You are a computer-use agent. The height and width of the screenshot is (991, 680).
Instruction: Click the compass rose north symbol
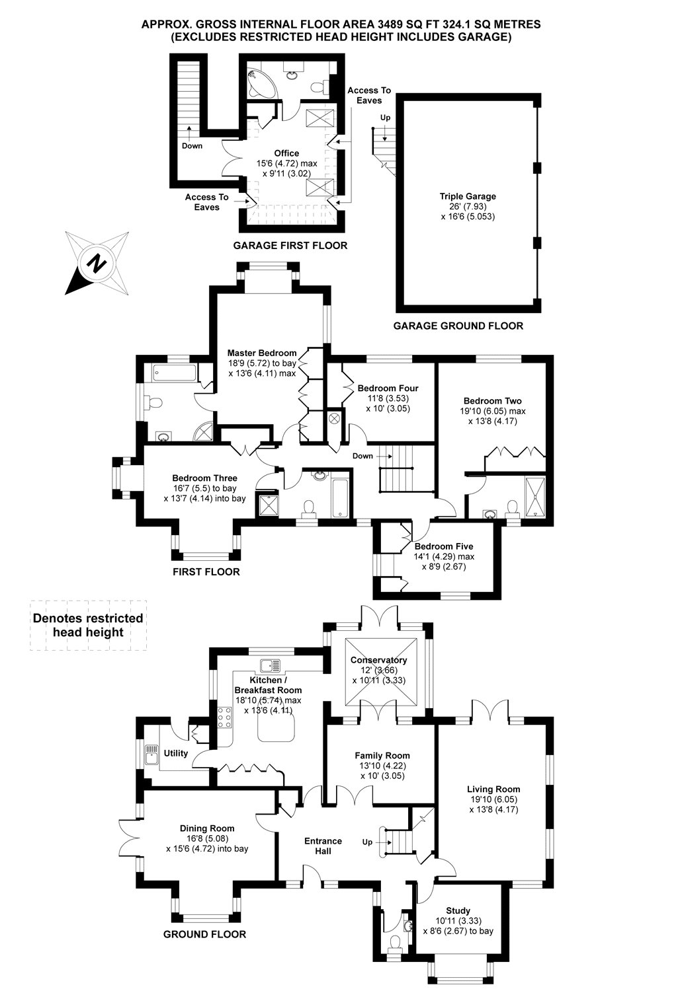click(x=97, y=264)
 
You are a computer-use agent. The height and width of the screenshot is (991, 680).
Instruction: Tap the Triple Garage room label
click(x=468, y=196)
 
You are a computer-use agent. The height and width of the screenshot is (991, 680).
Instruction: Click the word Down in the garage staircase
click(x=192, y=146)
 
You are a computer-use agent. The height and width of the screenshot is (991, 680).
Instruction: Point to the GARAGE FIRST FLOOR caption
click(x=290, y=246)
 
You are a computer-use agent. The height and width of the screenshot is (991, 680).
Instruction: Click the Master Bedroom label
click(x=262, y=353)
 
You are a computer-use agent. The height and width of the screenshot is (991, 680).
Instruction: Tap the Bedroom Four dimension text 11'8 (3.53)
click(x=388, y=398)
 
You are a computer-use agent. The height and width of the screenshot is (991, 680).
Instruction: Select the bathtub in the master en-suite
click(x=174, y=373)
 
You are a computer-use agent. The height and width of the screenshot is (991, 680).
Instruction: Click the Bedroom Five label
click(x=444, y=546)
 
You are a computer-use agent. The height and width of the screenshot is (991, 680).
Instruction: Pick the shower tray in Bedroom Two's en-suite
click(x=535, y=497)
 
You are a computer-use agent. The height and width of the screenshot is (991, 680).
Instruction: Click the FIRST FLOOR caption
click(x=206, y=572)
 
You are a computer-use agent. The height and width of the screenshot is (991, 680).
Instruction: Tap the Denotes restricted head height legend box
click(x=88, y=626)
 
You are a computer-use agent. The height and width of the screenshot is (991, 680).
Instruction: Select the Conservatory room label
click(x=379, y=660)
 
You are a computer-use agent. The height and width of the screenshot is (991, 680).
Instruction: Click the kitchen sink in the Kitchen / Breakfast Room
click(x=271, y=665)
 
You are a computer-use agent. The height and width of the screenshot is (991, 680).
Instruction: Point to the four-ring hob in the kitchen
click(x=224, y=717)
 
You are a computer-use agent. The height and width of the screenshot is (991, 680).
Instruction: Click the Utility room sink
click(x=151, y=754)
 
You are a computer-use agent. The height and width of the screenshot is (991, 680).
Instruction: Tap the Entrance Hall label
click(x=323, y=846)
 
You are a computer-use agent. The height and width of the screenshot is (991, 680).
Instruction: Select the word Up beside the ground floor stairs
click(x=367, y=842)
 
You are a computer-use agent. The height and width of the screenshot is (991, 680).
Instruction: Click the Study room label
click(x=458, y=911)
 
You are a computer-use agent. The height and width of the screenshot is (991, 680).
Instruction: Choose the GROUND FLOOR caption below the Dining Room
click(x=204, y=934)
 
